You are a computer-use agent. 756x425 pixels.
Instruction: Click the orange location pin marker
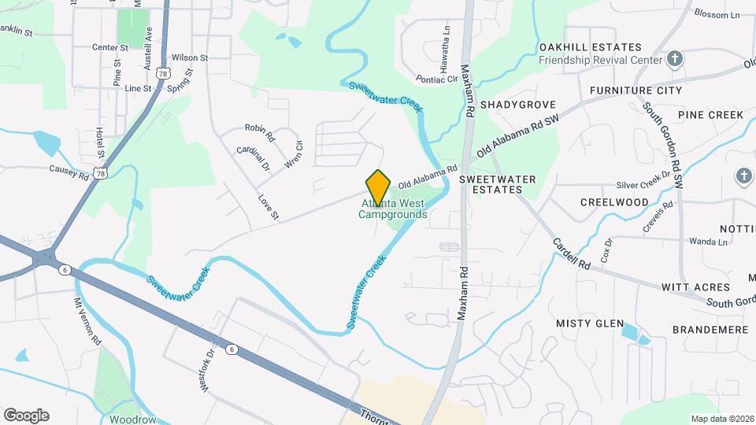[x=379, y=187]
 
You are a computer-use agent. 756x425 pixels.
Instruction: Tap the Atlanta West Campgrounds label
[x=394, y=209]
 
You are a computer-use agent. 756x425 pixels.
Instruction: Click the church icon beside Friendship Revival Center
[x=674, y=59]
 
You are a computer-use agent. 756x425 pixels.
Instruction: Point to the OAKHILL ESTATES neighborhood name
[x=590, y=47]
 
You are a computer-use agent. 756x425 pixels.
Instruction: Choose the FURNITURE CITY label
[x=636, y=91]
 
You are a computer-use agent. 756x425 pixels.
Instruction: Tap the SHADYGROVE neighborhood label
[x=517, y=105]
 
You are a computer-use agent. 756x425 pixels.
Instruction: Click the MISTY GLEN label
[x=590, y=323]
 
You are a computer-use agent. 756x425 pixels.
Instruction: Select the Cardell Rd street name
[x=571, y=254]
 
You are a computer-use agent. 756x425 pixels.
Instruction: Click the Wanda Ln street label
[x=708, y=242]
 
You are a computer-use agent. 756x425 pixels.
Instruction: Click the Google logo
[x=26, y=416]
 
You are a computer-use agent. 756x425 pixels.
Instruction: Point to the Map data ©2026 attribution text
[x=721, y=419]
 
